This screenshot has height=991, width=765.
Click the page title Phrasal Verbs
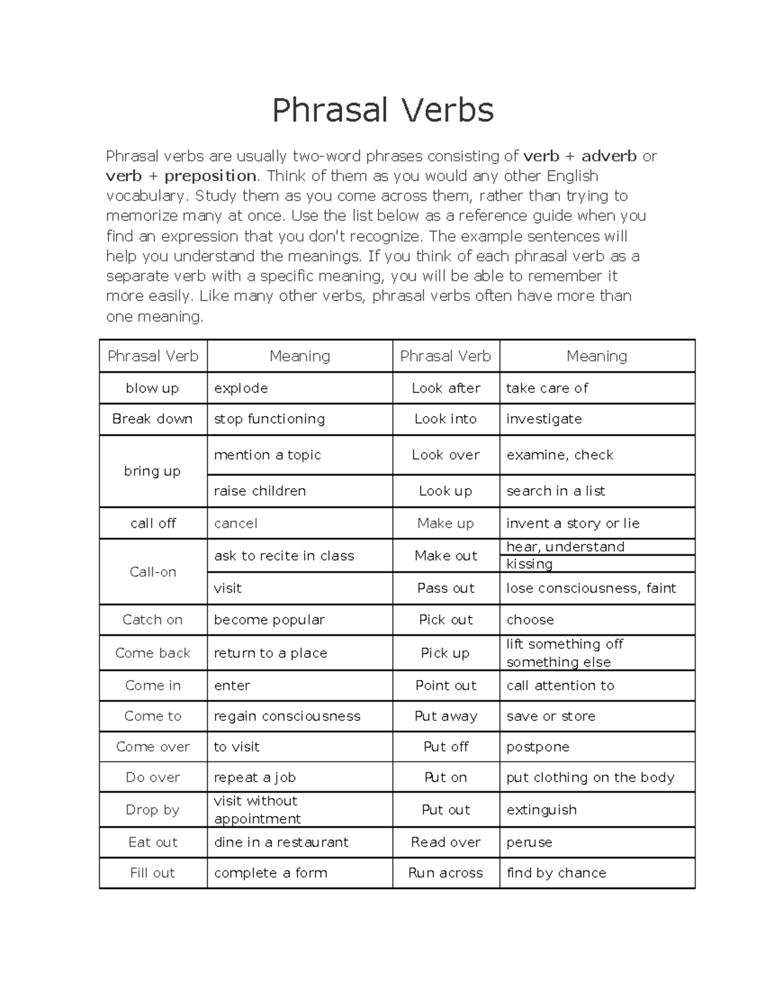tap(382, 110)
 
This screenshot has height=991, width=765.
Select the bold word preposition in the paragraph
tap(210, 176)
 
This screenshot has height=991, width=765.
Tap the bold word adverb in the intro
tap(609, 156)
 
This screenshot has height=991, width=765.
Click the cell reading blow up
tap(152, 388)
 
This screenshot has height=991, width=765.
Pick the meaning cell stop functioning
tap(269, 419)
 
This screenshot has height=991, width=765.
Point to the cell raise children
tap(259, 491)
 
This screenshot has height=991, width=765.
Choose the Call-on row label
tap(152, 572)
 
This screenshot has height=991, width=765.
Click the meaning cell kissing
tap(529, 564)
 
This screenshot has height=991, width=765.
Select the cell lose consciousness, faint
tap(591, 588)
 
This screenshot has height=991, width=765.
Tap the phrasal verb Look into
tap(445, 419)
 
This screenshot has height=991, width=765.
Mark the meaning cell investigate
tap(544, 419)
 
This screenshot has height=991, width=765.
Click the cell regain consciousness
tap(287, 716)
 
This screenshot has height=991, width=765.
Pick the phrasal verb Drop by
tap(152, 810)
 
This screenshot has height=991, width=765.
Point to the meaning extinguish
tap(541, 810)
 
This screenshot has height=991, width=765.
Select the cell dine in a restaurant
tap(281, 842)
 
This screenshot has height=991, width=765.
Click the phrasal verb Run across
tap(445, 873)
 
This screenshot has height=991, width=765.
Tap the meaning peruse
tap(529, 842)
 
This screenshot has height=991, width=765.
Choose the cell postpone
tap(537, 747)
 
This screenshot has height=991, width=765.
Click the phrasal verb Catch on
tap(152, 620)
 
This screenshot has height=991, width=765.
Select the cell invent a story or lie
tap(572, 523)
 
